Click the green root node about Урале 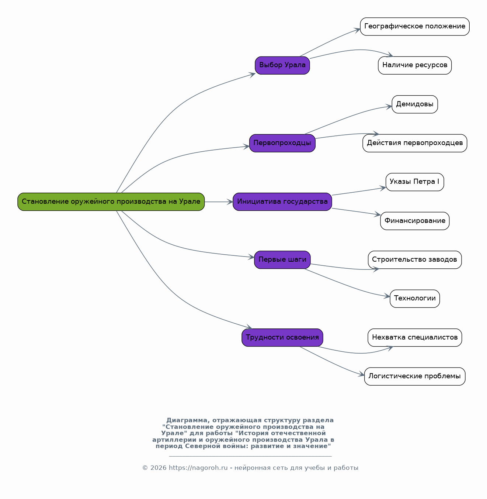coord(111,202)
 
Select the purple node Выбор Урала coord(282,65)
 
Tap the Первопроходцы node coord(282,143)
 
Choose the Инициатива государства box coord(282,202)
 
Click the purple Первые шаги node coord(282,260)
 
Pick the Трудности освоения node coord(282,337)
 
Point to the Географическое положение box coord(414,27)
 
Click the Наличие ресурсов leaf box coord(414,65)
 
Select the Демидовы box coord(414,104)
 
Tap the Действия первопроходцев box coord(414,143)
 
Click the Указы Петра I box coord(414,182)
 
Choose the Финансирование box coord(414,221)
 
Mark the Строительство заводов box coord(414,260)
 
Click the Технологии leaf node coord(414,299)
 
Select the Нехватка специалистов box coord(414,337)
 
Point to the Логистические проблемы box coord(414,376)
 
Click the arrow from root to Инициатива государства coord(219,202)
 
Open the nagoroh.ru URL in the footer coord(198,468)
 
